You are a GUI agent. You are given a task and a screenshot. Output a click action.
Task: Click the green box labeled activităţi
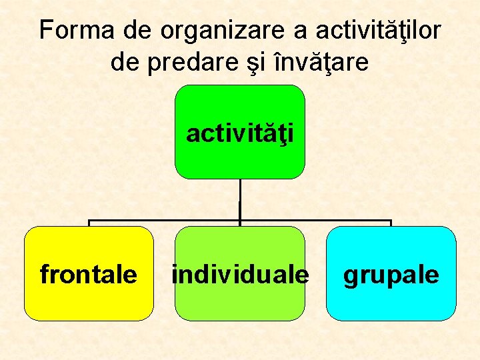(240, 160)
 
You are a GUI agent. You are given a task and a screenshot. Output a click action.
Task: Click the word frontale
(89, 274)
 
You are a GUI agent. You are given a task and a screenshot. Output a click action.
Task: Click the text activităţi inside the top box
(240, 133)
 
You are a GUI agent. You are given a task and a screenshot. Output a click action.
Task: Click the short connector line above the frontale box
(89, 223)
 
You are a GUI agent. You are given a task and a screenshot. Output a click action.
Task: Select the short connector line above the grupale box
(391, 223)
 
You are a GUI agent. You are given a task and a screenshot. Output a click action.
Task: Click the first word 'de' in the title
(139, 30)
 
